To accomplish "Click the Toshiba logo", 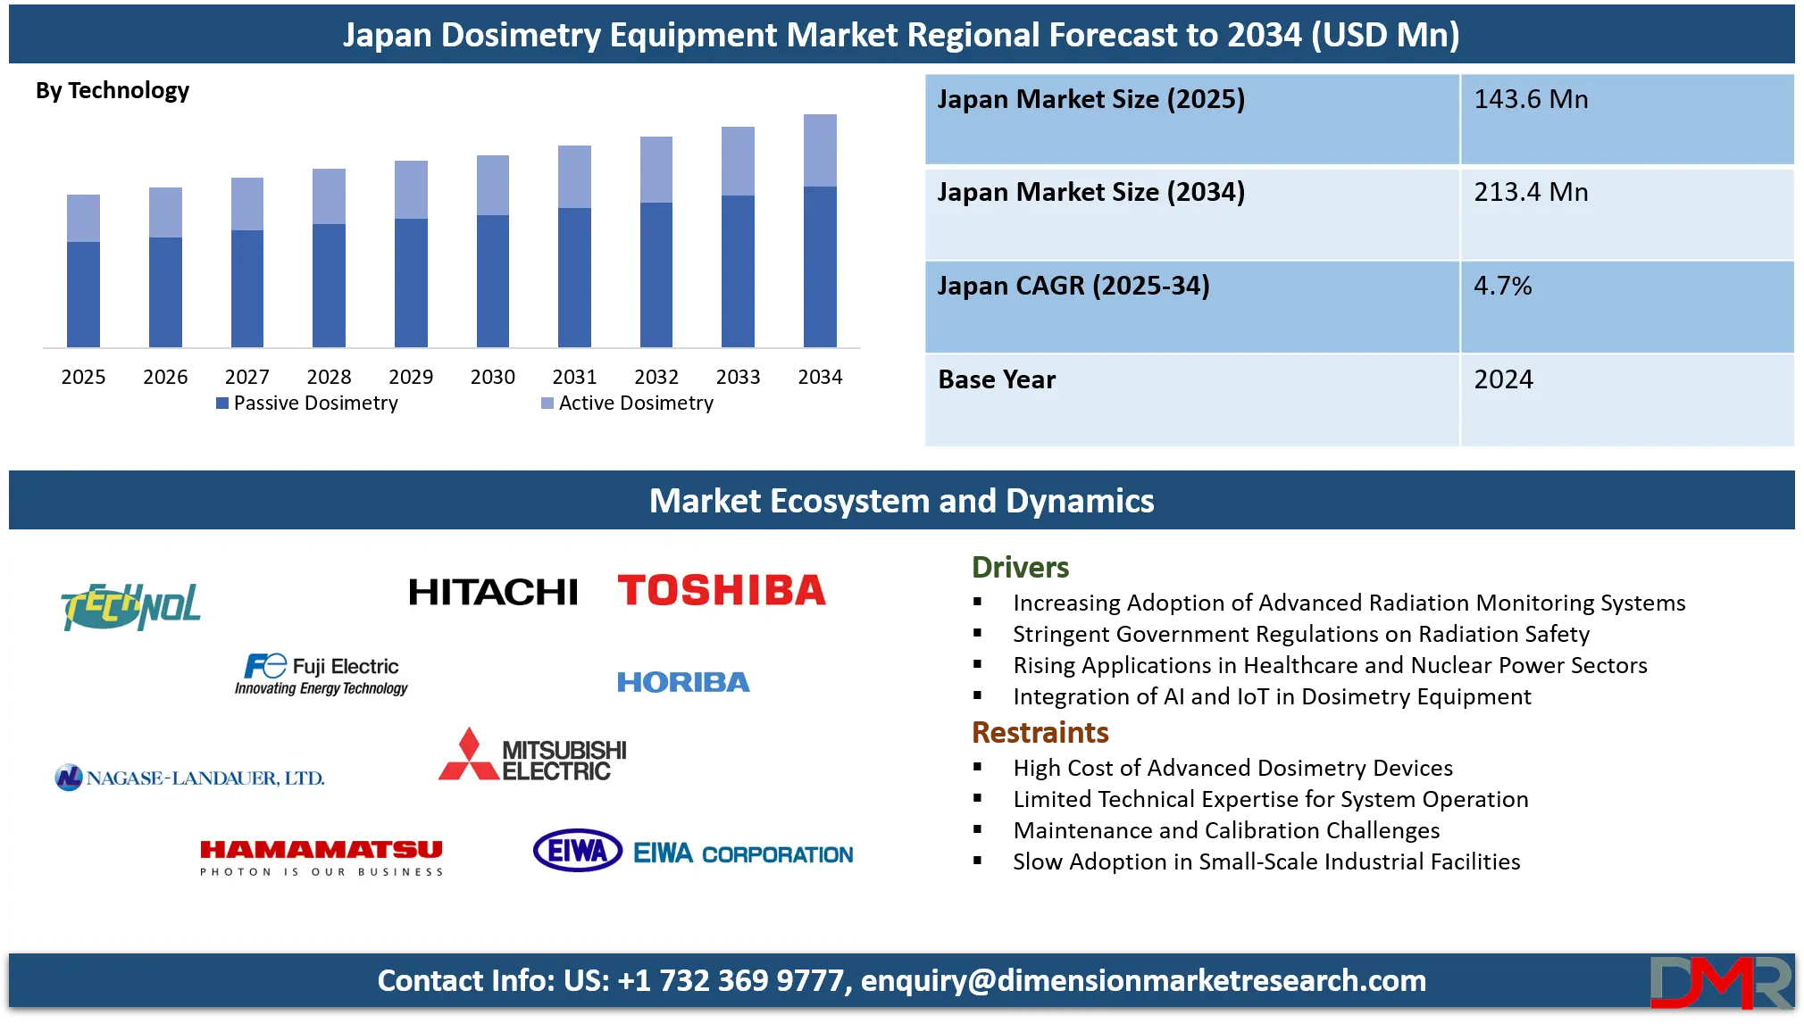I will coord(722,591).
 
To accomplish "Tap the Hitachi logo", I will coord(493,592).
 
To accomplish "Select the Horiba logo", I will coord(683,682).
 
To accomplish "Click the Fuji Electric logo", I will coord(322,675).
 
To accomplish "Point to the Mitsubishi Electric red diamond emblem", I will coord(468,755).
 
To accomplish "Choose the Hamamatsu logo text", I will coord(322,850).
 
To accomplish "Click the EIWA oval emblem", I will coord(577,851).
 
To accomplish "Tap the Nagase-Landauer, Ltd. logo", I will coord(189,778).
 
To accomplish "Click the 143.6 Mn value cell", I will coord(1531,99).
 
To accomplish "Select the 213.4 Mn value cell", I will coord(1531,192).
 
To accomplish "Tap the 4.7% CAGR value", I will coord(1502,286).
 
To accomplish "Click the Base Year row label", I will coord(997,379).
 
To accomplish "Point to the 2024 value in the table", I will coord(1503,379).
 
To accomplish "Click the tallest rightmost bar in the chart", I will coord(821,232).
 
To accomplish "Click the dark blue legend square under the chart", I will coord(221,404).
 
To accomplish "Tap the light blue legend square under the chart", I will coord(546,404).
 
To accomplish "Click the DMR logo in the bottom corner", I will coord(1720,982).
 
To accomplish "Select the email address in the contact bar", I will coord(1143,980).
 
